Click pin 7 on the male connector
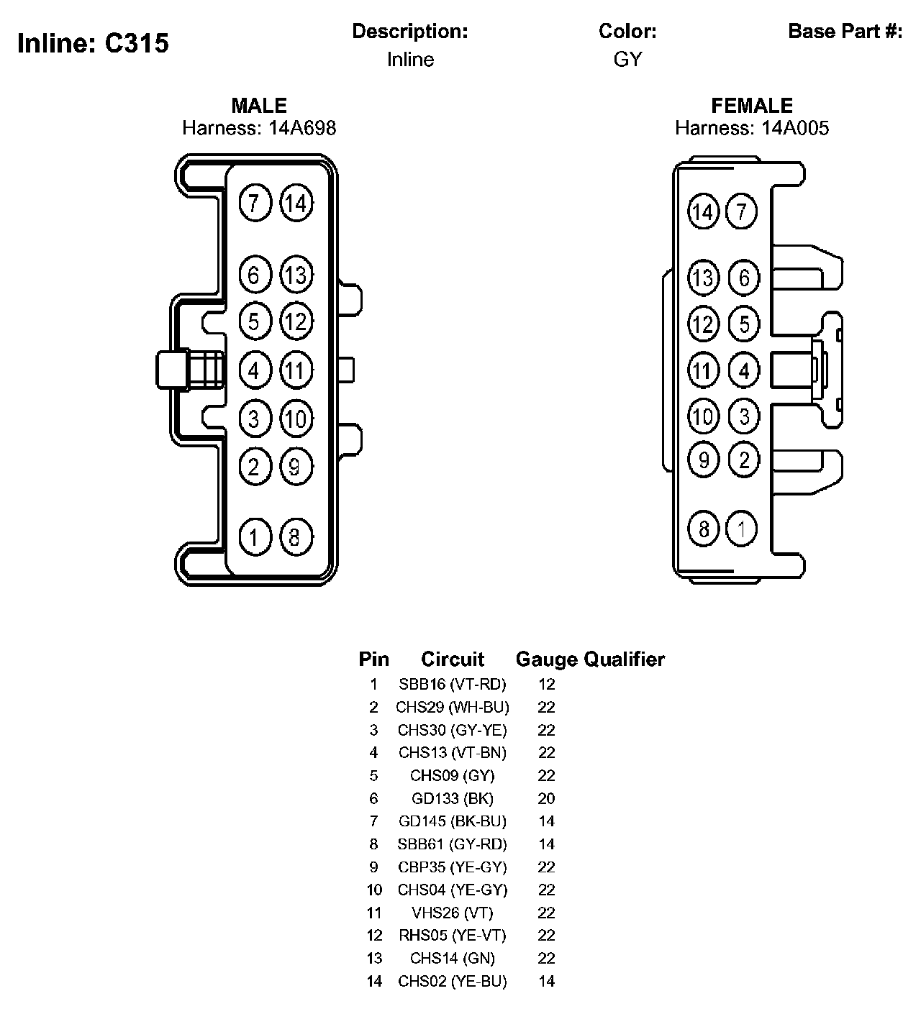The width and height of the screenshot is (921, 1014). tap(254, 204)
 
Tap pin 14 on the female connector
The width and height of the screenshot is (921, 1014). tap(703, 212)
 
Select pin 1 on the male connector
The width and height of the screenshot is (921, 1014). tap(254, 536)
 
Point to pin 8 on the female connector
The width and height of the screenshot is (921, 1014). tap(703, 529)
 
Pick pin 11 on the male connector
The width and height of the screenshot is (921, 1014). tap(296, 371)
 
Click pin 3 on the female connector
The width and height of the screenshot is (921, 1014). tap(744, 416)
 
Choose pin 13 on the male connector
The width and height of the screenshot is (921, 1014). tap(296, 275)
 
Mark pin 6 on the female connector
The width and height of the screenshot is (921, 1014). tap(744, 278)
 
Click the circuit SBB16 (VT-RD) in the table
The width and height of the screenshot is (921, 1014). tap(453, 684)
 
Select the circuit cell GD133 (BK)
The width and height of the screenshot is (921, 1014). tap(453, 798)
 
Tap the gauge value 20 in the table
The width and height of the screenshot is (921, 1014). tap(546, 798)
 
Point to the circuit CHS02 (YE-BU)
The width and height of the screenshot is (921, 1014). tap(453, 981)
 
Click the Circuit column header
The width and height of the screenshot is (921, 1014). tap(453, 659)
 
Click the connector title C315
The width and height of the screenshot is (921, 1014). tap(137, 43)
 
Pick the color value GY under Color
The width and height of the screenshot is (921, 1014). tap(627, 60)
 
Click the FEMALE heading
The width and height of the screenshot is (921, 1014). tap(752, 106)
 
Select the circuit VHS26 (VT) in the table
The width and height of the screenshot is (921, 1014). tap(453, 913)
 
